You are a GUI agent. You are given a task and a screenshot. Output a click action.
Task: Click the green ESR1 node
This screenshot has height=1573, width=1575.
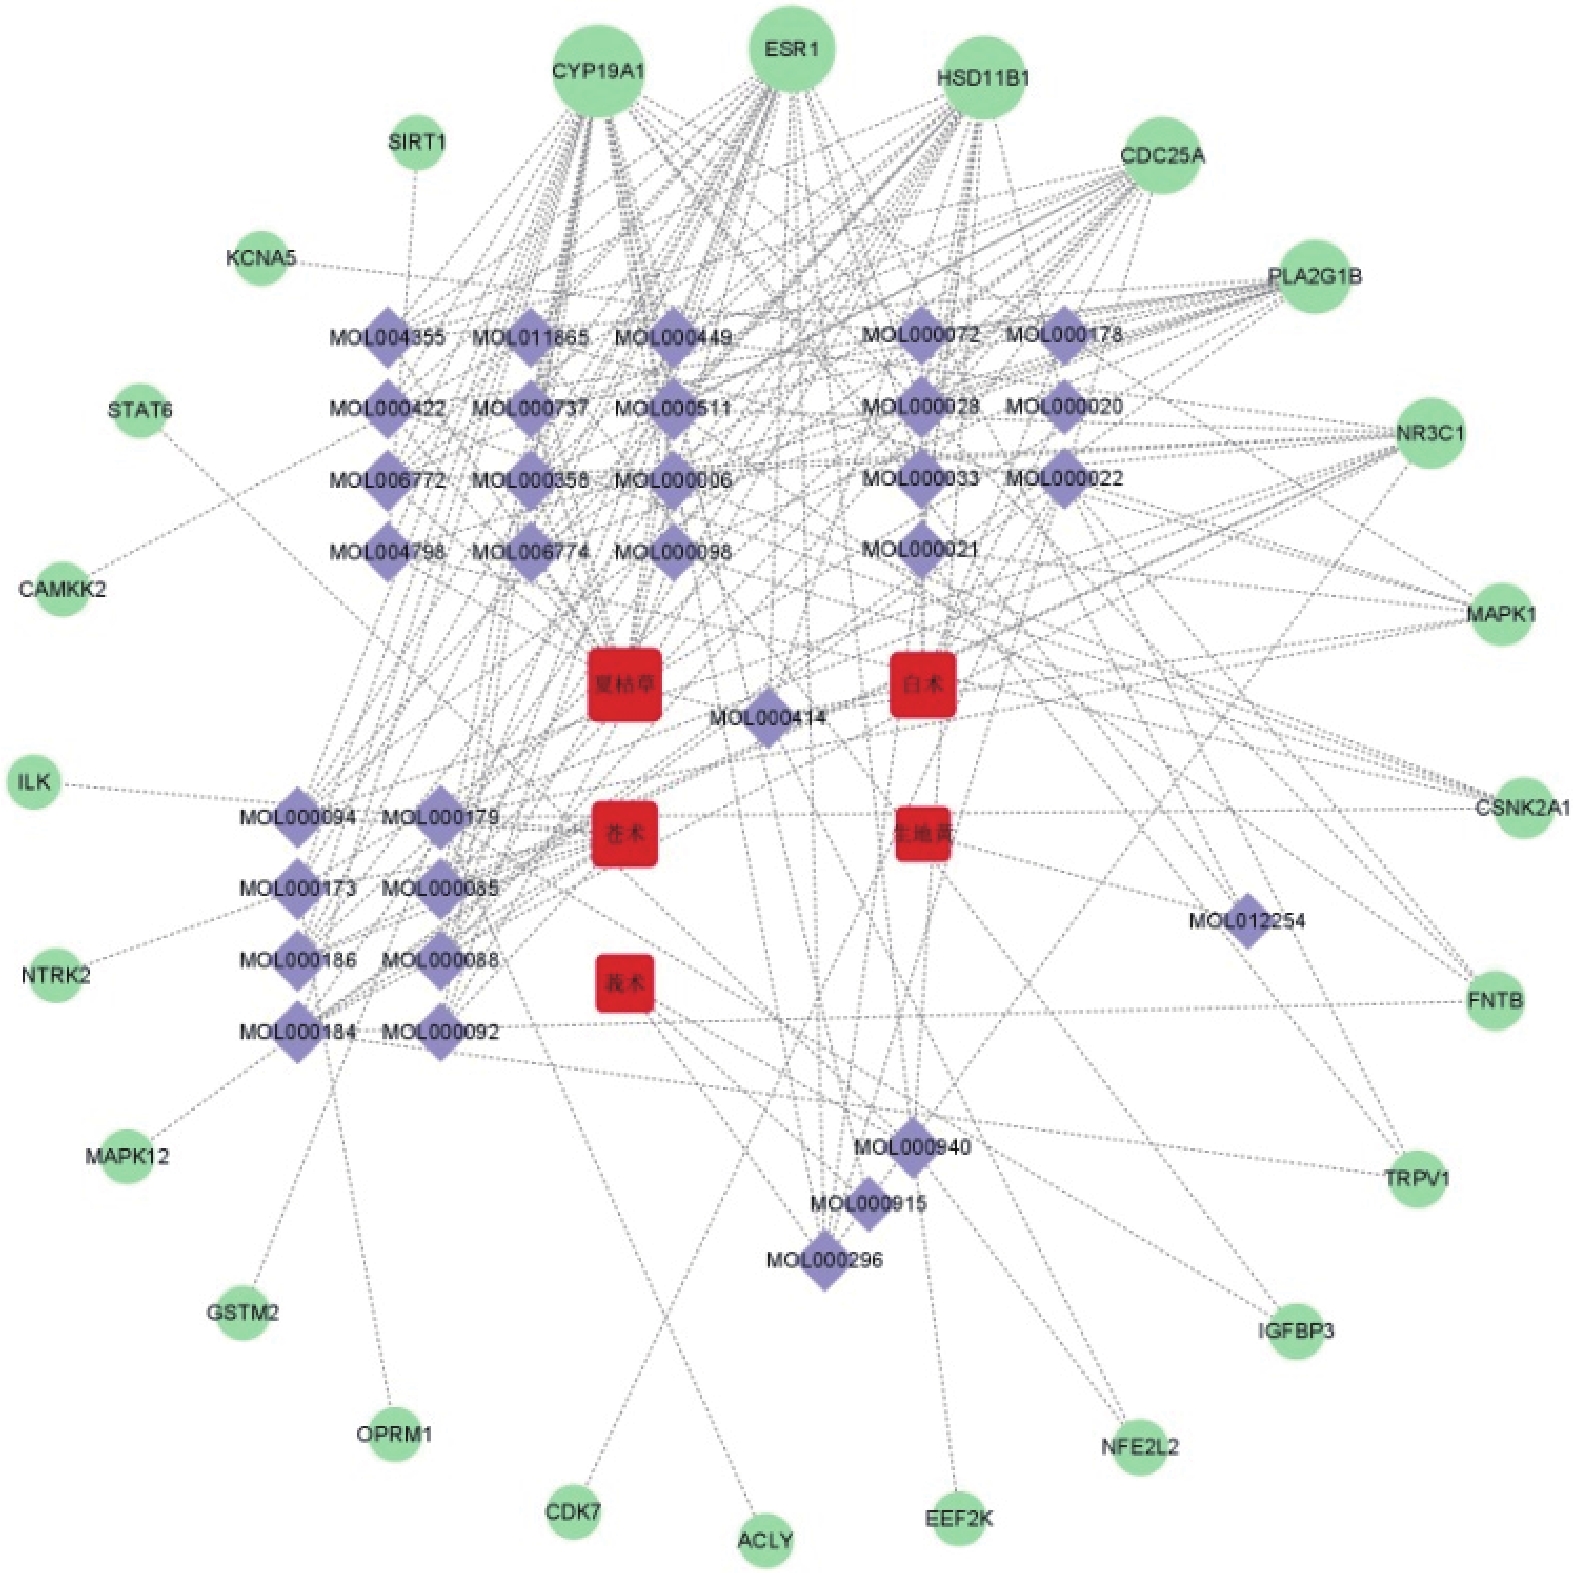791,49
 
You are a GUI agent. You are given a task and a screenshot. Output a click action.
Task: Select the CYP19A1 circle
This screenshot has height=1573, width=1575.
597,71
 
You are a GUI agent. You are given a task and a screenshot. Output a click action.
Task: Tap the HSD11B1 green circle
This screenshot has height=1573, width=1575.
982,78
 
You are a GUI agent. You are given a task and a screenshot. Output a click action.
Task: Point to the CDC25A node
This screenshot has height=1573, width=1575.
1161,155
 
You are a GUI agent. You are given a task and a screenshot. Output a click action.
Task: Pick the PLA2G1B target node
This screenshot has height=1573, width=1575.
1313,276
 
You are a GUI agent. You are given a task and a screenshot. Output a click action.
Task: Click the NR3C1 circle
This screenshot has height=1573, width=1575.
1430,433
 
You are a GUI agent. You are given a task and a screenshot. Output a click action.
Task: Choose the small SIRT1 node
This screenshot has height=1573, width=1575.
416,142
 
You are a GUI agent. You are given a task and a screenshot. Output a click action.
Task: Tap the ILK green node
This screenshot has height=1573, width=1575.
34,781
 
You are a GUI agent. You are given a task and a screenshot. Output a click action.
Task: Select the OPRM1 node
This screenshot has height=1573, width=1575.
394,1434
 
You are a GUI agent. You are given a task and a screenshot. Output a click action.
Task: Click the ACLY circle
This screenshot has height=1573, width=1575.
765,1540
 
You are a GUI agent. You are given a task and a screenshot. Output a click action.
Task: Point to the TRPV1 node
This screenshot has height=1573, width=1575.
1416,1178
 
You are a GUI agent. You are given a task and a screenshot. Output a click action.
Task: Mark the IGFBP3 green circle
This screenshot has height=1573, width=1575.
1295,1331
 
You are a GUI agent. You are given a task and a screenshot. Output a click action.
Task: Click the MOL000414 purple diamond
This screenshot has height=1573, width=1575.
768,717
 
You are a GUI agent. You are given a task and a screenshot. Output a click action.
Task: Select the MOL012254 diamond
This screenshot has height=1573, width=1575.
1247,920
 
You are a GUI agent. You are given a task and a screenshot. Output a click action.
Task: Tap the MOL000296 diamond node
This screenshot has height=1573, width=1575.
825,1260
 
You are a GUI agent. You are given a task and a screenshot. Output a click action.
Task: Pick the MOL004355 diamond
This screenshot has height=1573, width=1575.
387,337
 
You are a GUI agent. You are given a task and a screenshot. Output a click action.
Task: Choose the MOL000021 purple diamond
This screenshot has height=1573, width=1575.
920,549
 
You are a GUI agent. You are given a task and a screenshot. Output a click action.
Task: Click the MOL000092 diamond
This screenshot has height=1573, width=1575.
440,1031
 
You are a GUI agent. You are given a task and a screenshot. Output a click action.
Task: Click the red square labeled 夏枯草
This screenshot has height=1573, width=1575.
625,684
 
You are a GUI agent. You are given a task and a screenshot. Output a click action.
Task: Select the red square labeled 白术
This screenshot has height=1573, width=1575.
922,684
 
